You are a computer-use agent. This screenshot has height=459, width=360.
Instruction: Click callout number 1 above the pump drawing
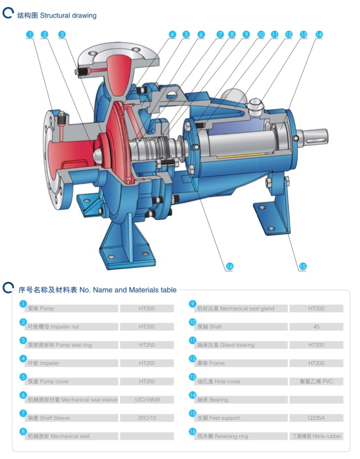30,34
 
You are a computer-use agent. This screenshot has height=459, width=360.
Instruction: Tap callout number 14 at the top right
318,34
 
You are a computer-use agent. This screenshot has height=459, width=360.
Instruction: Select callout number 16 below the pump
229,266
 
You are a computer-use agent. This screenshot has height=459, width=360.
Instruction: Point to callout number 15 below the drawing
302,266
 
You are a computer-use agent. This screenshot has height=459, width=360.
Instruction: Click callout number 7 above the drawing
220,34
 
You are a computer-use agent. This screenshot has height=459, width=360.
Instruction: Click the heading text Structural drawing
68,15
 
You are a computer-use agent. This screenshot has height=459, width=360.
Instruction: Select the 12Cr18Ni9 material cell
147,400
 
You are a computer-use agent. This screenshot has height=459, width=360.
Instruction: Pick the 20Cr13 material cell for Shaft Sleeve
147,418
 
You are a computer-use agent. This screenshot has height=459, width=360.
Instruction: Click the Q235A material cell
316,418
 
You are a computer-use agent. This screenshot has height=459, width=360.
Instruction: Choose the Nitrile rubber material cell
316,436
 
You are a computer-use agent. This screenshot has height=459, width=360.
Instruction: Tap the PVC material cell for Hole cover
316,382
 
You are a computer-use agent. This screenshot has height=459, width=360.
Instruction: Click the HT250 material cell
147,345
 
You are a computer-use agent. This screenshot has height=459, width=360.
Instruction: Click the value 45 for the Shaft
316,327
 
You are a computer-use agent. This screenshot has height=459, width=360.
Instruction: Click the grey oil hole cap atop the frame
255,103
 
